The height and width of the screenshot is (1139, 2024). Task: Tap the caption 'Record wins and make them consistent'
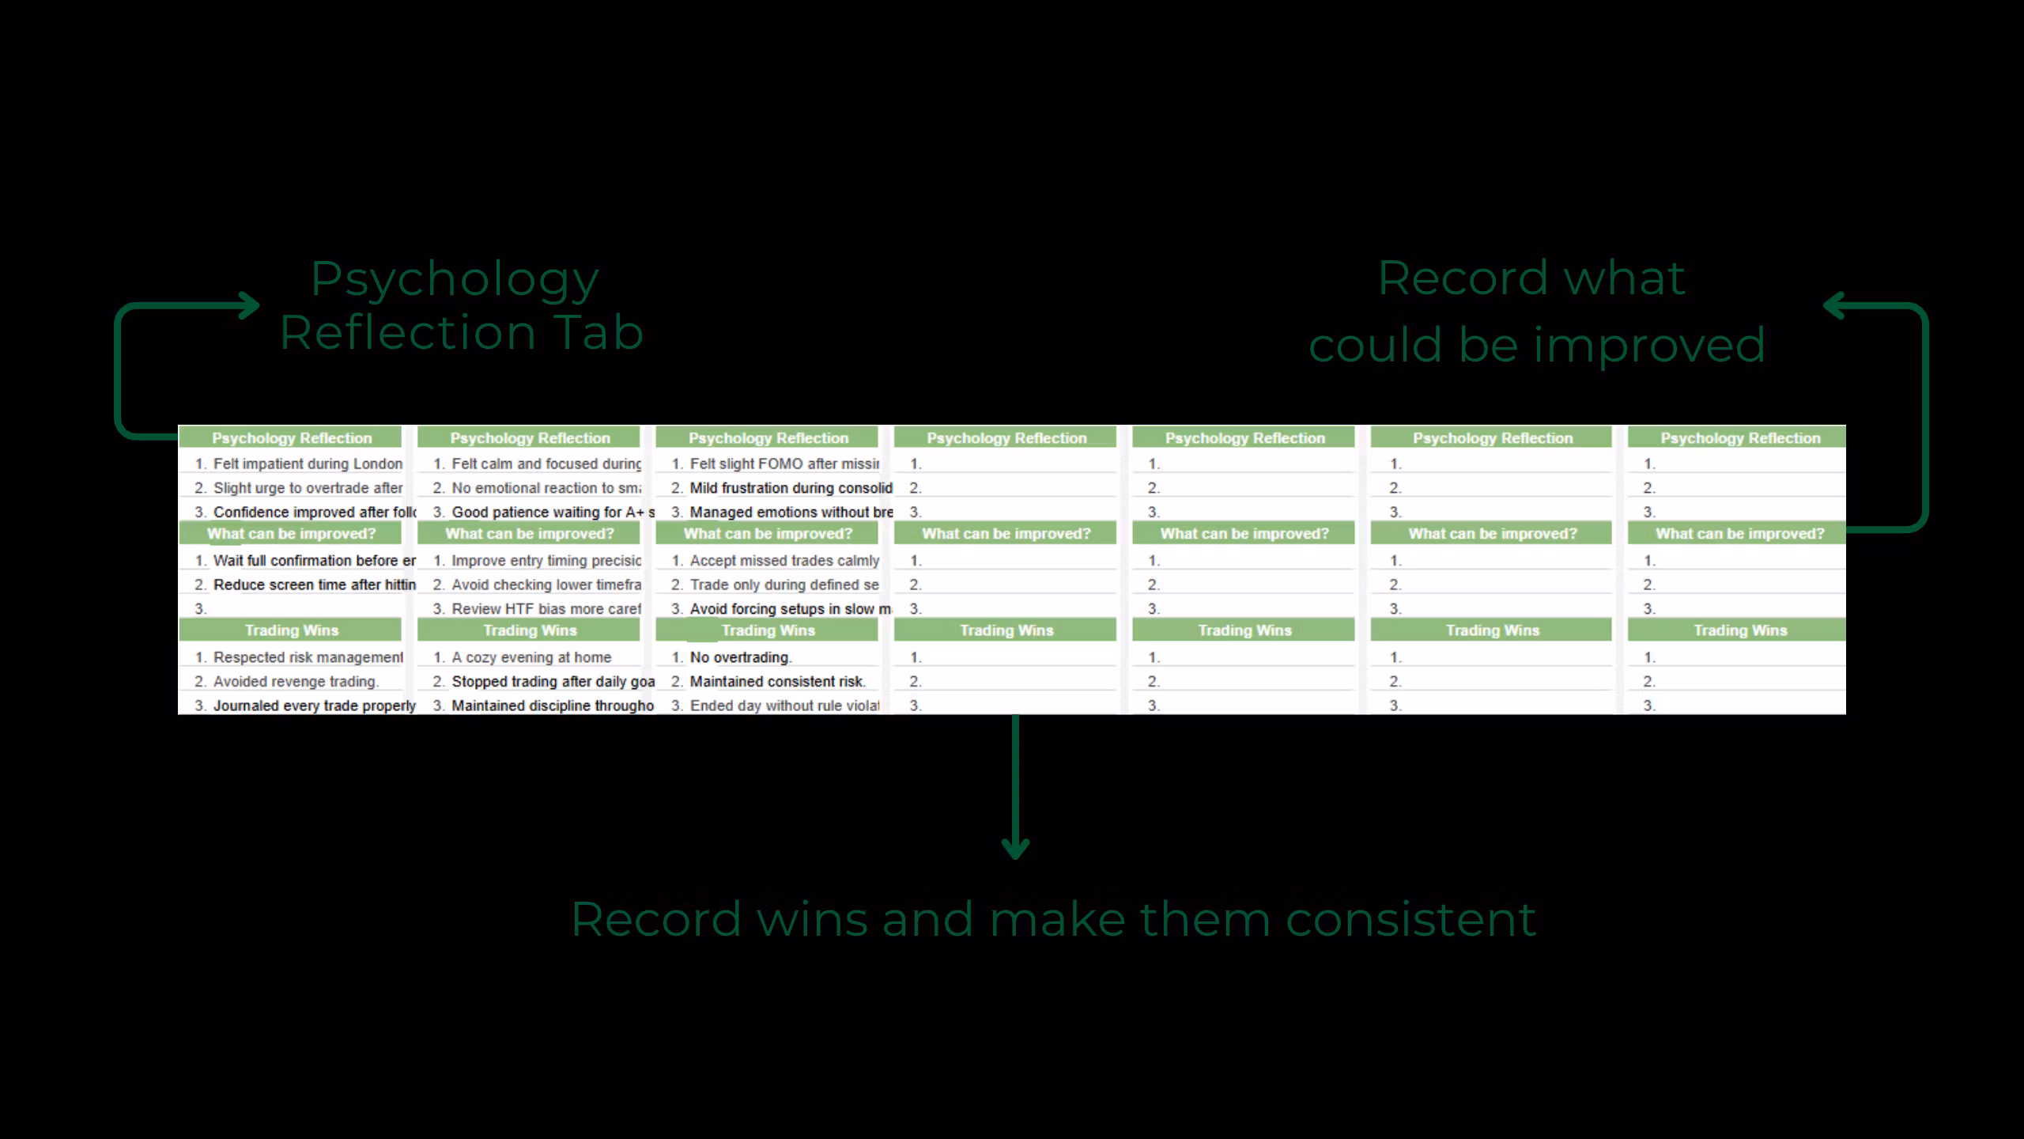(x=1053, y=919)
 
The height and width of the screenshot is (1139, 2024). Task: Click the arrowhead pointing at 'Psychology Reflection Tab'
(x=251, y=305)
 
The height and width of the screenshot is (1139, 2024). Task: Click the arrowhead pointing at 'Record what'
(x=1833, y=305)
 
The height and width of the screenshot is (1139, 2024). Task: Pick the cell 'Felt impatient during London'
(x=308, y=464)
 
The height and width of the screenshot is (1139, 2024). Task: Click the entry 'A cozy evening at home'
(x=531, y=657)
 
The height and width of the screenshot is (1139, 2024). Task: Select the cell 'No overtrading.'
(x=740, y=657)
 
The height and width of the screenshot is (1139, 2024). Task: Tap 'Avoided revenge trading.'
(x=296, y=681)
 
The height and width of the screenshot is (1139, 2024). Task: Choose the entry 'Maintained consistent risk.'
(x=777, y=681)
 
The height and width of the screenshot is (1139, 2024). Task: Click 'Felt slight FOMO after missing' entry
(x=784, y=464)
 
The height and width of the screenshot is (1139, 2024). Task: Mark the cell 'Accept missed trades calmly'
(x=784, y=561)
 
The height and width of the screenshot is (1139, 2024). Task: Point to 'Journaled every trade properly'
(x=314, y=706)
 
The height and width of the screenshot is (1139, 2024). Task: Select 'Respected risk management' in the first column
(x=308, y=657)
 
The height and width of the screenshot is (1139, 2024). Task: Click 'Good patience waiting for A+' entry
(x=553, y=513)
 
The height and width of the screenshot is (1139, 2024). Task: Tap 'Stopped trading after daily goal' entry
(x=553, y=681)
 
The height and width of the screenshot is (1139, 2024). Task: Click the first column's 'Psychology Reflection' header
(x=291, y=438)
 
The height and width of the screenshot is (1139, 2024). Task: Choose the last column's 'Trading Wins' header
(x=1739, y=630)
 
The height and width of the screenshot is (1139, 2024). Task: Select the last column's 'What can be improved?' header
(x=1739, y=534)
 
